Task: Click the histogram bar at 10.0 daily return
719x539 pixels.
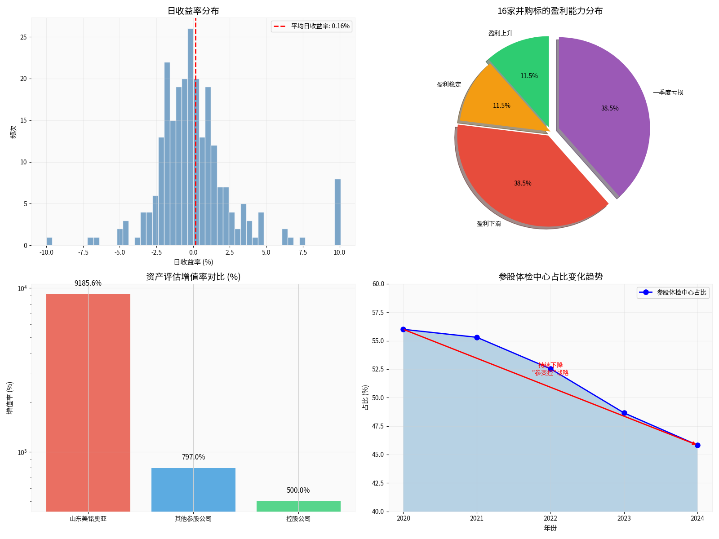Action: point(337,212)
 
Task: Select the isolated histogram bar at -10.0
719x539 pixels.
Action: point(49,242)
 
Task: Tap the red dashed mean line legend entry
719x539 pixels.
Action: point(311,26)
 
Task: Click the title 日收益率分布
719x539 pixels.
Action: point(193,11)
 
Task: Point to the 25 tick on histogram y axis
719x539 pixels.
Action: point(23,37)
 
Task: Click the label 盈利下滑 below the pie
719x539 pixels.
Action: point(489,224)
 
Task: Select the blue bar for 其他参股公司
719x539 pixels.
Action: point(193,490)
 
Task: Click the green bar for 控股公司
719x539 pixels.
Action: point(298,506)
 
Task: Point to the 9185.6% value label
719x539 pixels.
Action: point(88,283)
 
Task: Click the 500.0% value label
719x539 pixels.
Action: point(298,490)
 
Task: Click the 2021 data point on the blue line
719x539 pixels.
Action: point(477,337)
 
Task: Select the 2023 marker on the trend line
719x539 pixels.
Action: point(624,413)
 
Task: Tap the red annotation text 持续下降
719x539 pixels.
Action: point(550,365)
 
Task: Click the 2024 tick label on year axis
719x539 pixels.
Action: point(697,518)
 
